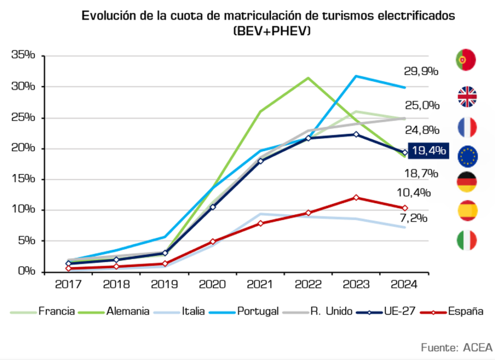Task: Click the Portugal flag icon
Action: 466,60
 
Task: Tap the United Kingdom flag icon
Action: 467,97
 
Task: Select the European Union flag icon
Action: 467,155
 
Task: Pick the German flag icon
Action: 466,182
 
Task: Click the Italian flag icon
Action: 466,240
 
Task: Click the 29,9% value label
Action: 421,72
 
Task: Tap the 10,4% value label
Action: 413,193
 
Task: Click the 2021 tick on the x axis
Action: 260,284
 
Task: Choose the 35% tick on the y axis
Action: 24,56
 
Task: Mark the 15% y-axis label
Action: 24,179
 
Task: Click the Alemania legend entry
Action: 128,311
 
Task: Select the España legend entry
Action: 465,311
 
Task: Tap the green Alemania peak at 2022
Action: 308,77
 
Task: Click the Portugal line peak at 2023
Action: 356,76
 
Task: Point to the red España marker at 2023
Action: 356,197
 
